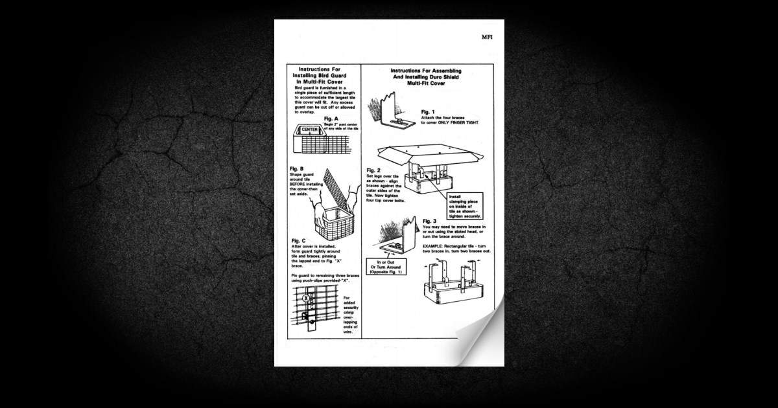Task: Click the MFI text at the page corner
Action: pos(487,36)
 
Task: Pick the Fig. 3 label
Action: pos(430,221)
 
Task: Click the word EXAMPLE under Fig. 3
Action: pos(434,247)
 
